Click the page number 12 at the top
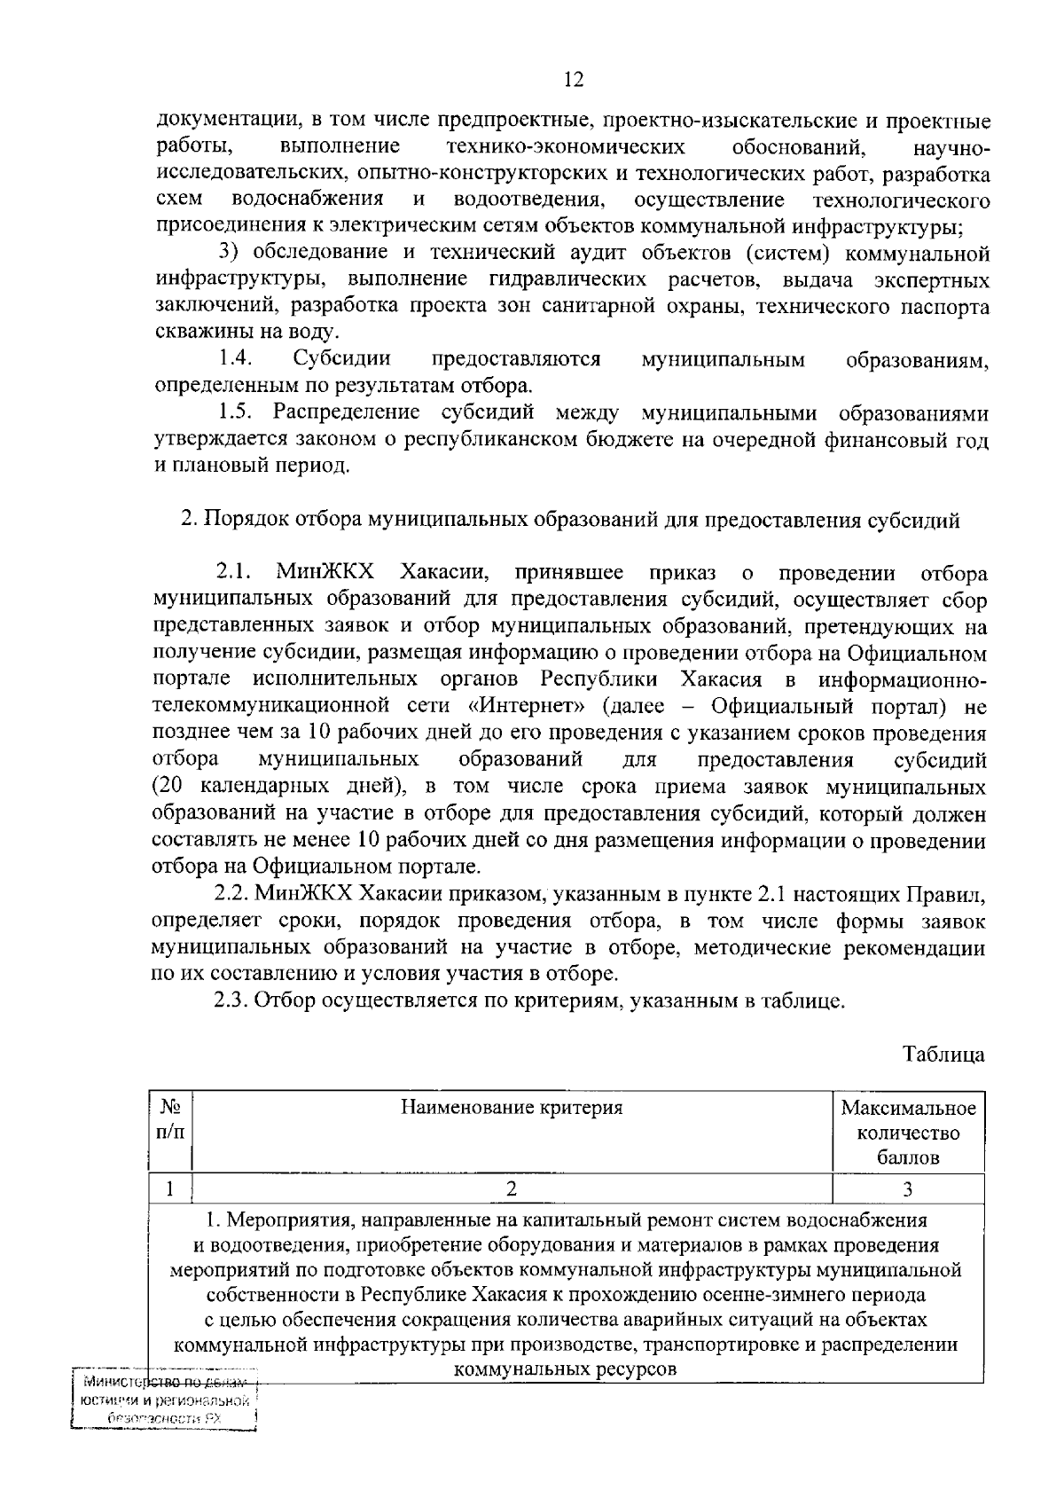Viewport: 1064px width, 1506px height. coord(574,81)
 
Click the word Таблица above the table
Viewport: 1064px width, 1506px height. coord(943,1055)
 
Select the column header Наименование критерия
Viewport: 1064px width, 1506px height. coord(512,1108)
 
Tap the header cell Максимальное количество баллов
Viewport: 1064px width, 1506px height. coord(908,1133)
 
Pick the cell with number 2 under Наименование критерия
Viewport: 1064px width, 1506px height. coord(512,1189)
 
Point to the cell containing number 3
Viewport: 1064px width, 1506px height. coord(908,1189)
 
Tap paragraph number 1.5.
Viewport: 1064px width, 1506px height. coord(237,413)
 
